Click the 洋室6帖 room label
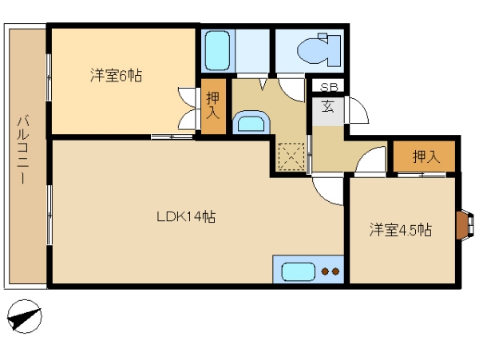point(116,75)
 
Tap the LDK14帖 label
point(186,217)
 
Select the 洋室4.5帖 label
point(401,230)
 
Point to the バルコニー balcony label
point(23,149)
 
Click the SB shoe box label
point(329,88)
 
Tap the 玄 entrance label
point(328,106)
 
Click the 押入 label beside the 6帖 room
point(213,105)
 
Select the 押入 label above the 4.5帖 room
point(426,157)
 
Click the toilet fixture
point(319,49)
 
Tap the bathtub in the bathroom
point(217,51)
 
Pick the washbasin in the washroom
point(251,122)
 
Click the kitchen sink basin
point(298,271)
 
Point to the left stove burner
point(326,271)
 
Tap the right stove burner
point(335,271)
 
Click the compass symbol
point(24,317)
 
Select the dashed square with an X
point(291,156)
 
